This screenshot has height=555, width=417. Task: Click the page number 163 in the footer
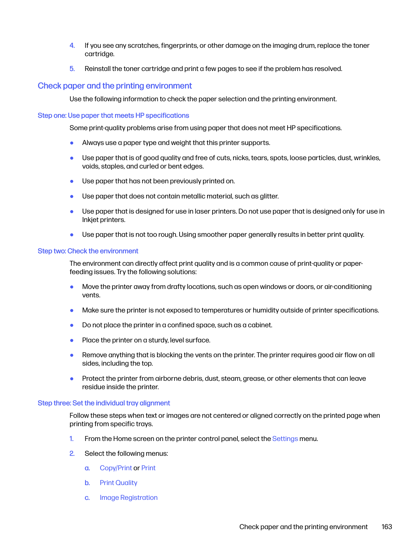pyautogui.click(x=387, y=527)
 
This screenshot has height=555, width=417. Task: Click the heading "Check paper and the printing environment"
pyautogui.click(x=115, y=86)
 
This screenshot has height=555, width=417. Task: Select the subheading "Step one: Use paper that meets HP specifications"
pyautogui.click(x=113, y=115)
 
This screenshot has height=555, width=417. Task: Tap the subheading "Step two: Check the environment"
pyautogui.click(x=88, y=251)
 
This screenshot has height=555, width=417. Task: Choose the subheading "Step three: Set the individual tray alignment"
pyautogui.click(x=104, y=403)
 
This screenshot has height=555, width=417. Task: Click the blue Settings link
pyautogui.click(x=285, y=439)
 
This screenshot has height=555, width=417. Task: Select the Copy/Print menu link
pyautogui.click(x=116, y=468)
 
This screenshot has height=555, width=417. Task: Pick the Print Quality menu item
pyautogui.click(x=118, y=483)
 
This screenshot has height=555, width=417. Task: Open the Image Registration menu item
pyautogui.click(x=128, y=497)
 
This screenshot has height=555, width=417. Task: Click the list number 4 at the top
pyautogui.click(x=72, y=45)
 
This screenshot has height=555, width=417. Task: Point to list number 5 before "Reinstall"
pyautogui.click(x=72, y=69)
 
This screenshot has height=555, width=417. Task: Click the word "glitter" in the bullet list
pyautogui.click(x=269, y=196)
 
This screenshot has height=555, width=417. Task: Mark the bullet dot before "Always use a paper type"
pyautogui.click(x=72, y=143)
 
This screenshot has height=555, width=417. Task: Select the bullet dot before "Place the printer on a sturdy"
pyautogui.click(x=72, y=340)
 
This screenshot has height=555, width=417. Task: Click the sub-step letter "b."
pyautogui.click(x=87, y=483)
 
